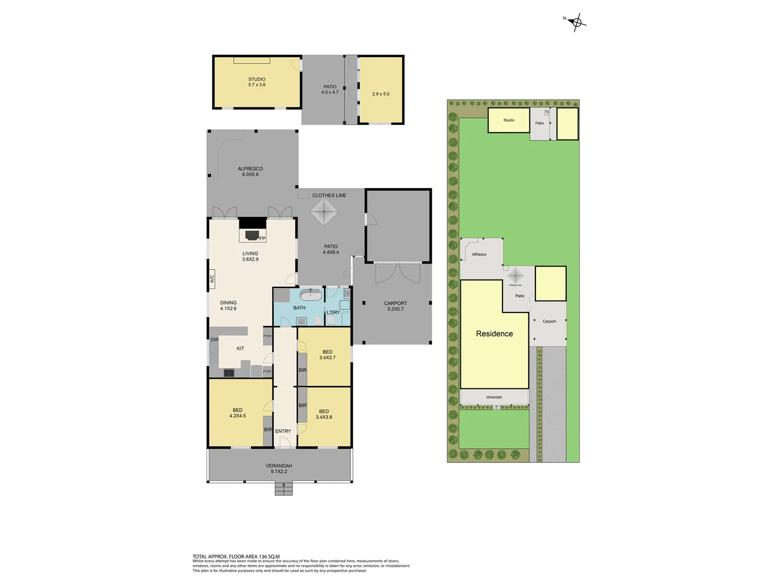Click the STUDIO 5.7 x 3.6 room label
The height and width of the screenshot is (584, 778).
[257, 82]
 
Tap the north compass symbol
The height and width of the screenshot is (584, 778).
[576, 22]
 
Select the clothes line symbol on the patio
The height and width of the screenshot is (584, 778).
[324, 211]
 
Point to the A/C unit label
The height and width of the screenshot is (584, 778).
[212, 279]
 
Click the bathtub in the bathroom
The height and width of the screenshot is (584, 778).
[311, 295]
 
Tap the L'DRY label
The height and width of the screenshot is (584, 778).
[333, 313]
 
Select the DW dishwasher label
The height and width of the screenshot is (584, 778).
[214, 340]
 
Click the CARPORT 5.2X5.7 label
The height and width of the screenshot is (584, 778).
[395, 306]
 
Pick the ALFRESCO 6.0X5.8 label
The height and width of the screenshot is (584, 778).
[250, 171]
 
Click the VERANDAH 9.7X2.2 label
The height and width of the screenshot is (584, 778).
[279, 468]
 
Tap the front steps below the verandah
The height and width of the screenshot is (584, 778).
[284, 489]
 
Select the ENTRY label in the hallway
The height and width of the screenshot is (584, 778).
[283, 431]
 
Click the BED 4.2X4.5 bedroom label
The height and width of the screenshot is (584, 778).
[238, 413]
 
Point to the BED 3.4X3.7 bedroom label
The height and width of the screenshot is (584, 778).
[327, 355]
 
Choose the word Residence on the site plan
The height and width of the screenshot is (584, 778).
[494, 334]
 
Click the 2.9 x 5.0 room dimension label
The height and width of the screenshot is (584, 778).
[381, 94]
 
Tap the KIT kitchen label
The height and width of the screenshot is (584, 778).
[240, 349]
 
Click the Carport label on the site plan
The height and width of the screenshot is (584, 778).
[549, 321]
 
